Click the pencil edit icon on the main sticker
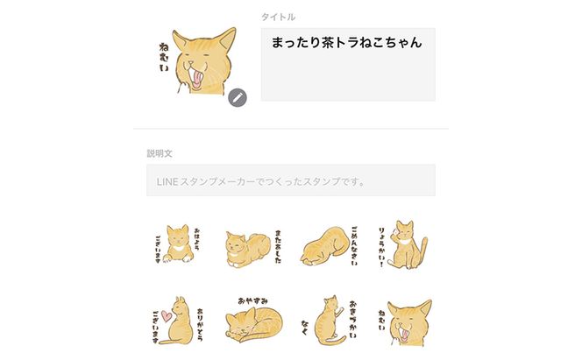coord(237,97)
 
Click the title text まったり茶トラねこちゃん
coord(347,43)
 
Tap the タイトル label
coord(278,17)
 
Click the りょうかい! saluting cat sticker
coord(406,244)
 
